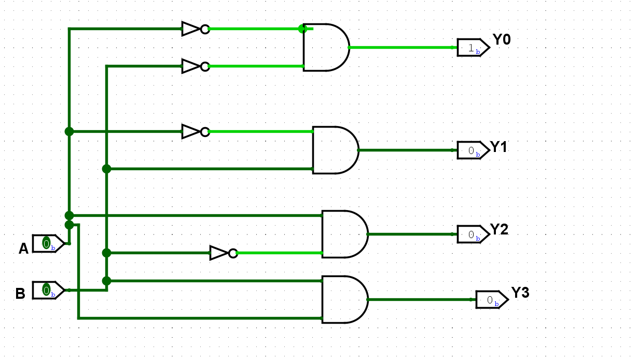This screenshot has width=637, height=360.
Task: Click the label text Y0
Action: click(x=502, y=39)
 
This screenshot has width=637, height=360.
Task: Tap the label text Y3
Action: click(x=520, y=293)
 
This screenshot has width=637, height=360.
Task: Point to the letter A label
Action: click(x=23, y=249)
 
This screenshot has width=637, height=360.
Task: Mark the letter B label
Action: click(x=20, y=294)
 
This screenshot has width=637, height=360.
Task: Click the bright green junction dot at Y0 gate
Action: click(x=302, y=29)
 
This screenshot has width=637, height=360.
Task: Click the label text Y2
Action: click(x=499, y=229)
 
